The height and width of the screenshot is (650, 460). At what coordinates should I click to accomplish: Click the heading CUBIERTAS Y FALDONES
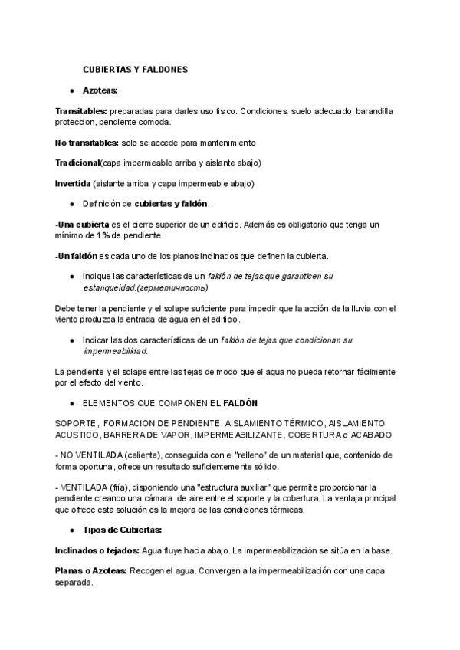pyautogui.click(x=135, y=70)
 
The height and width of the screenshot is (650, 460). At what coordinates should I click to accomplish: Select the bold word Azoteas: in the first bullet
pyautogui.click(x=100, y=90)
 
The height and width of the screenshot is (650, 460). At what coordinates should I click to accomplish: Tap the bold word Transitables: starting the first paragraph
pyautogui.click(x=80, y=111)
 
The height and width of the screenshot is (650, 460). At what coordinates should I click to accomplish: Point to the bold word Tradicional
pyautogui.click(x=77, y=163)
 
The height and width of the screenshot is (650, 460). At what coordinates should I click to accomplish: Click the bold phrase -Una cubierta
pyautogui.click(x=82, y=225)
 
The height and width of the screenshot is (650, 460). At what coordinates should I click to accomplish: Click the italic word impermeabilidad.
pyautogui.click(x=115, y=350)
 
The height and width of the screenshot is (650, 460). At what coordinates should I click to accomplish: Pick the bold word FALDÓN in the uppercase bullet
pyautogui.click(x=240, y=402)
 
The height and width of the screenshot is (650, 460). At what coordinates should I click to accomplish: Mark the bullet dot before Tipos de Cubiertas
pyautogui.click(x=71, y=530)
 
